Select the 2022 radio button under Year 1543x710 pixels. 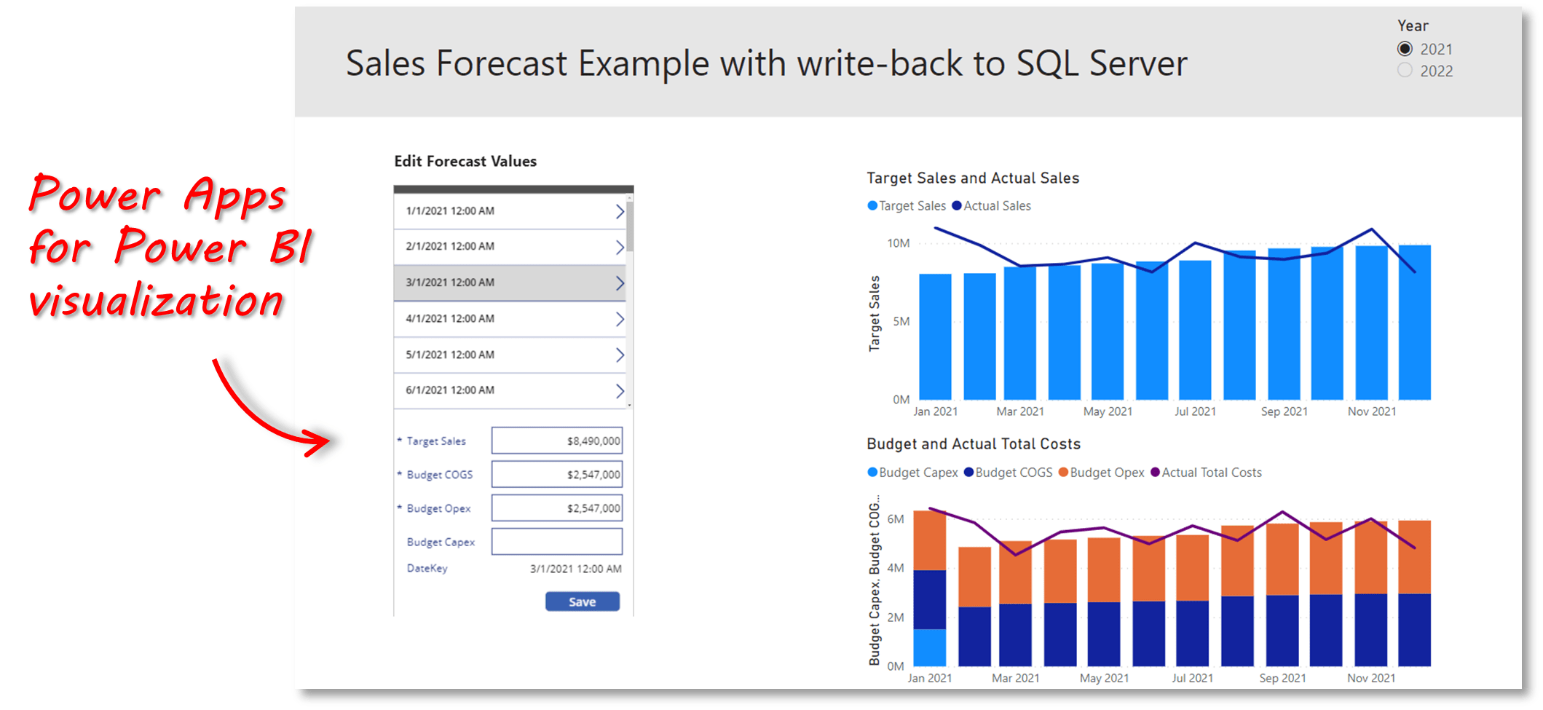[1405, 71]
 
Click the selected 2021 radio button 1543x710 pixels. [1405, 49]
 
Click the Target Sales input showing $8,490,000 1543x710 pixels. [556, 441]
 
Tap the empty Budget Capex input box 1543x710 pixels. [556, 542]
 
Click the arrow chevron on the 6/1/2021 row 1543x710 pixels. [620, 391]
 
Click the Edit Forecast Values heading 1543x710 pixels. [465, 161]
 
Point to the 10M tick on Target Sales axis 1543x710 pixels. [898, 243]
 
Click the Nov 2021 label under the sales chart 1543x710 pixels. [1371, 411]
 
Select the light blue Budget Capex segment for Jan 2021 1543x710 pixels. [929, 647]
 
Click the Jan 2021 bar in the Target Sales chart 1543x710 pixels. [935, 336]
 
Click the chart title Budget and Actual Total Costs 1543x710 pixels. [973, 443]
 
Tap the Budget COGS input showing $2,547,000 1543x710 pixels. [556, 475]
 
